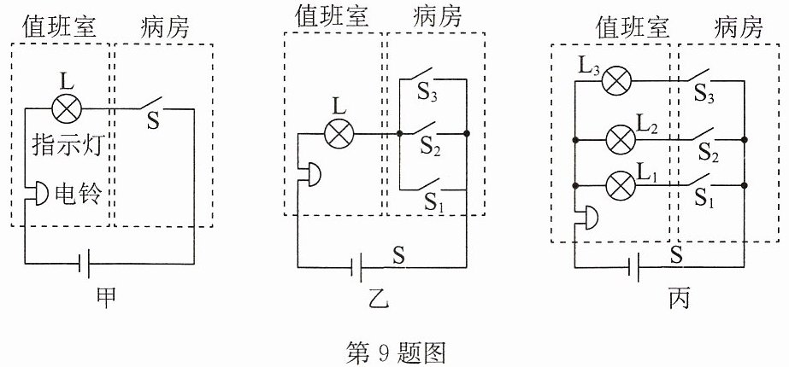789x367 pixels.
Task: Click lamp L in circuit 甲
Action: point(67,108)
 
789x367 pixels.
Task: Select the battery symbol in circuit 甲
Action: point(85,264)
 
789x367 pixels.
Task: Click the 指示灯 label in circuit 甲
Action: point(68,145)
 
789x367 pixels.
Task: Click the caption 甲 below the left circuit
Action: point(106,297)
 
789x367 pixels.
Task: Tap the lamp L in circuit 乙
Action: point(339,134)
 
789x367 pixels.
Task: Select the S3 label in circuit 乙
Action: point(427,96)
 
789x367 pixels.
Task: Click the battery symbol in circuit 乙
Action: point(356,267)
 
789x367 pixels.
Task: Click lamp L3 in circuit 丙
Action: point(616,80)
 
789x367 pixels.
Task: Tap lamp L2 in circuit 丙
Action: point(621,139)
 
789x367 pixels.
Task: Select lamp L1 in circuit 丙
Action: point(621,186)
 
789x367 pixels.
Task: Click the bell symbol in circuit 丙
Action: point(587,218)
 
